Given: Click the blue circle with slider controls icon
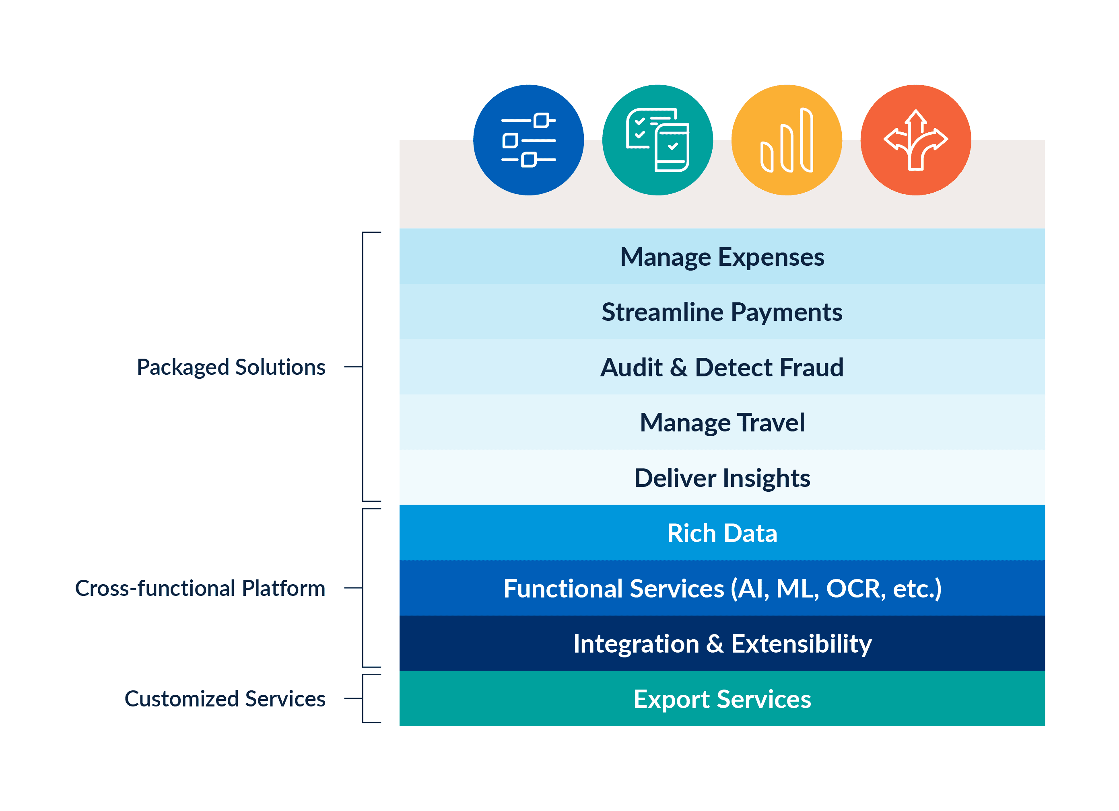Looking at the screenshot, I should pos(528,140).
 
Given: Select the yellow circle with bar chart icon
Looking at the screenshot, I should pos(787,140).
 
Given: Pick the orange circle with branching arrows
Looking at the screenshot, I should pos(916,140).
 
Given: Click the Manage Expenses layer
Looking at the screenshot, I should pos(722,257).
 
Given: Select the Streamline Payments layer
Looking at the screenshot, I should pos(722,312).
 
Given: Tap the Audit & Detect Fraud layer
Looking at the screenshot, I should pos(722,367).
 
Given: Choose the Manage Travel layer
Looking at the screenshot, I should pos(722,423).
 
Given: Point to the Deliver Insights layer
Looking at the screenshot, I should pos(722,478).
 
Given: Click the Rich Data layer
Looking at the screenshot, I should pos(722,533).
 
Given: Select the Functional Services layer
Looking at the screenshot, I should pos(722,588).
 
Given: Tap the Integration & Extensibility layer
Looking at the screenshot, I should pos(722,643).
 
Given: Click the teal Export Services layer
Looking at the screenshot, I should pos(722,698).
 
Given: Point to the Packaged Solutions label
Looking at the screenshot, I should pos(231,367).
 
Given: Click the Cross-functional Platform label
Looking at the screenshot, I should pos(200,588).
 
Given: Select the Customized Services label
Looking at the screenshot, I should pos(225,698).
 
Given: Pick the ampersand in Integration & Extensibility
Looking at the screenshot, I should pos(715,644).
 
